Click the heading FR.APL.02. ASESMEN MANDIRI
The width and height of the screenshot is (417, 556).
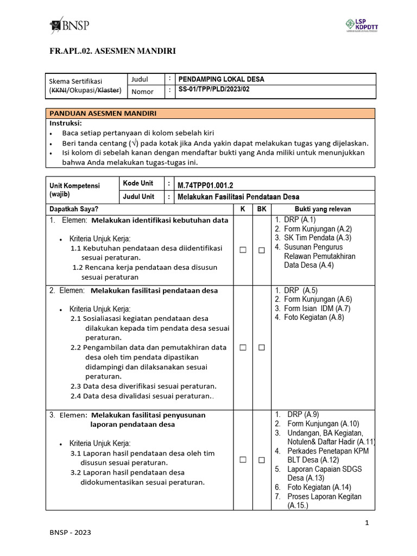tap(112, 51)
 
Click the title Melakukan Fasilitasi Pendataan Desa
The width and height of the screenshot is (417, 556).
tap(238, 197)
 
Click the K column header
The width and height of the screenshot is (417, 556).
tap(243, 209)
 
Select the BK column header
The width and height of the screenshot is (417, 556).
tap(261, 209)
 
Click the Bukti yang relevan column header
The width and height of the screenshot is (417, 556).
tap(323, 209)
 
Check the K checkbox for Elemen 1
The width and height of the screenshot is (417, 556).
tap(243, 250)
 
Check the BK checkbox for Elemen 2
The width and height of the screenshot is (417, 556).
tap(261, 347)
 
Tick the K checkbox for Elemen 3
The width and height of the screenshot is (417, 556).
tap(243, 460)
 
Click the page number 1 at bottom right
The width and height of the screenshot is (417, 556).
tap(367, 523)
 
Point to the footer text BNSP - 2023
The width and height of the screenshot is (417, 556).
tap(70, 533)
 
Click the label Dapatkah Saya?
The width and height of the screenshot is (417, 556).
tap(74, 209)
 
